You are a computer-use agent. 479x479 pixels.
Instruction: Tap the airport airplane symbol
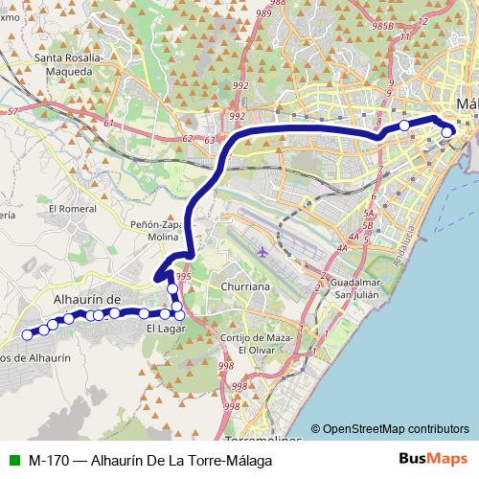click(x=263, y=252)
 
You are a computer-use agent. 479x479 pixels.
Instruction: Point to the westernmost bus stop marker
click(x=27, y=334)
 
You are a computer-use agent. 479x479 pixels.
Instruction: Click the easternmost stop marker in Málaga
click(x=446, y=132)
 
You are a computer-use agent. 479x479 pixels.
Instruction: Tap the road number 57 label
click(x=11, y=112)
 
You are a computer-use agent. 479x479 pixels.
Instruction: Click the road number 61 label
click(x=108, y=124)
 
